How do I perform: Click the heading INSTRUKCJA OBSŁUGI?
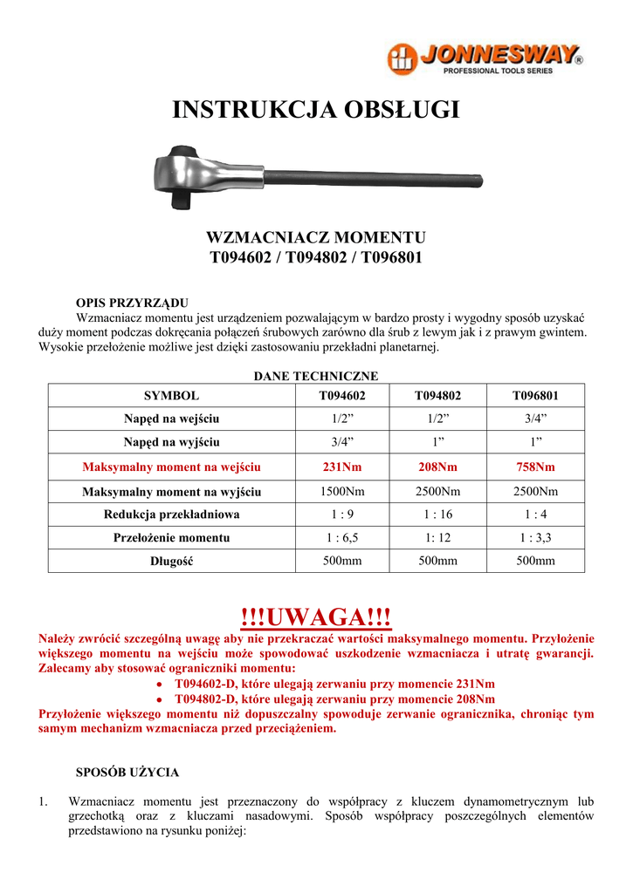[316, 110]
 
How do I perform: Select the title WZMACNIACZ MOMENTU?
[315, 237]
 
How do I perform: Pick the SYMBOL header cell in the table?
[171, 395]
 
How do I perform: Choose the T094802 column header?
[437, 395]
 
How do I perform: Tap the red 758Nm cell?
[535, 467]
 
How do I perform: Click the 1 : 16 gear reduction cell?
[437, 515]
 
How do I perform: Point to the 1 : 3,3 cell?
[535, 538]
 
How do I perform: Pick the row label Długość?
[171, 562]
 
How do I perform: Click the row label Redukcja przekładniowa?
[171, 515]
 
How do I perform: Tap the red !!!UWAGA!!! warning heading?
[316, 617]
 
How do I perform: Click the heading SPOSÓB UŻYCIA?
[127, 772]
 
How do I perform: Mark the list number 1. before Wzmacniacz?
[44, 801]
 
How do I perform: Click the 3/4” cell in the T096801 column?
[535, 419]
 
